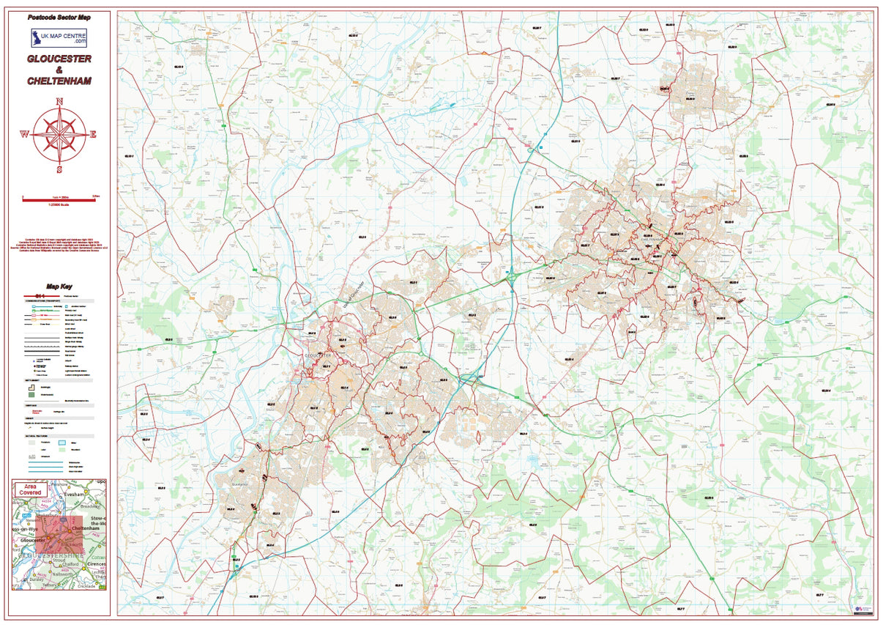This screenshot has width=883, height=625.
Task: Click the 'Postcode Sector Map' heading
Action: point(59,16)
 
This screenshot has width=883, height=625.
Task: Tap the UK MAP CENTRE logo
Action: point(59,38)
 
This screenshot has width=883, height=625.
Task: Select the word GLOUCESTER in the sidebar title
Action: point(59,59)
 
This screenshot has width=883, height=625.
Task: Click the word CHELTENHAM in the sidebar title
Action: point(59,81)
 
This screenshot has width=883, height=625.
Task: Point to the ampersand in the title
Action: point(59,70)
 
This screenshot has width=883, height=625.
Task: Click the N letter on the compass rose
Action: point(60,101)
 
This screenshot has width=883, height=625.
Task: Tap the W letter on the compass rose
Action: point(24,134)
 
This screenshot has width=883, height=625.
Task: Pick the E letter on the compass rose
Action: point(93,134)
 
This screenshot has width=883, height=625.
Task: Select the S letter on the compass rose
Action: point(60,168)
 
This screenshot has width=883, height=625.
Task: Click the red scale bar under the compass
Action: point(59,196)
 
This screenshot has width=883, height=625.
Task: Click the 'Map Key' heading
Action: point(59,287)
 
